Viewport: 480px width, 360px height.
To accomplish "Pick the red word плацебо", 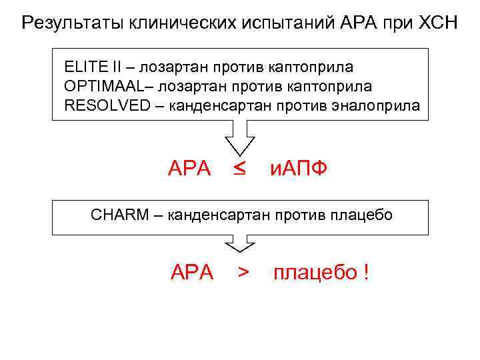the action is pos(315,273).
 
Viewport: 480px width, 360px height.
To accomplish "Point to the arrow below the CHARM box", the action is pos(240,243).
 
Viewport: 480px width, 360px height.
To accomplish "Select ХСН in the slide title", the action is pos(433,25).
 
